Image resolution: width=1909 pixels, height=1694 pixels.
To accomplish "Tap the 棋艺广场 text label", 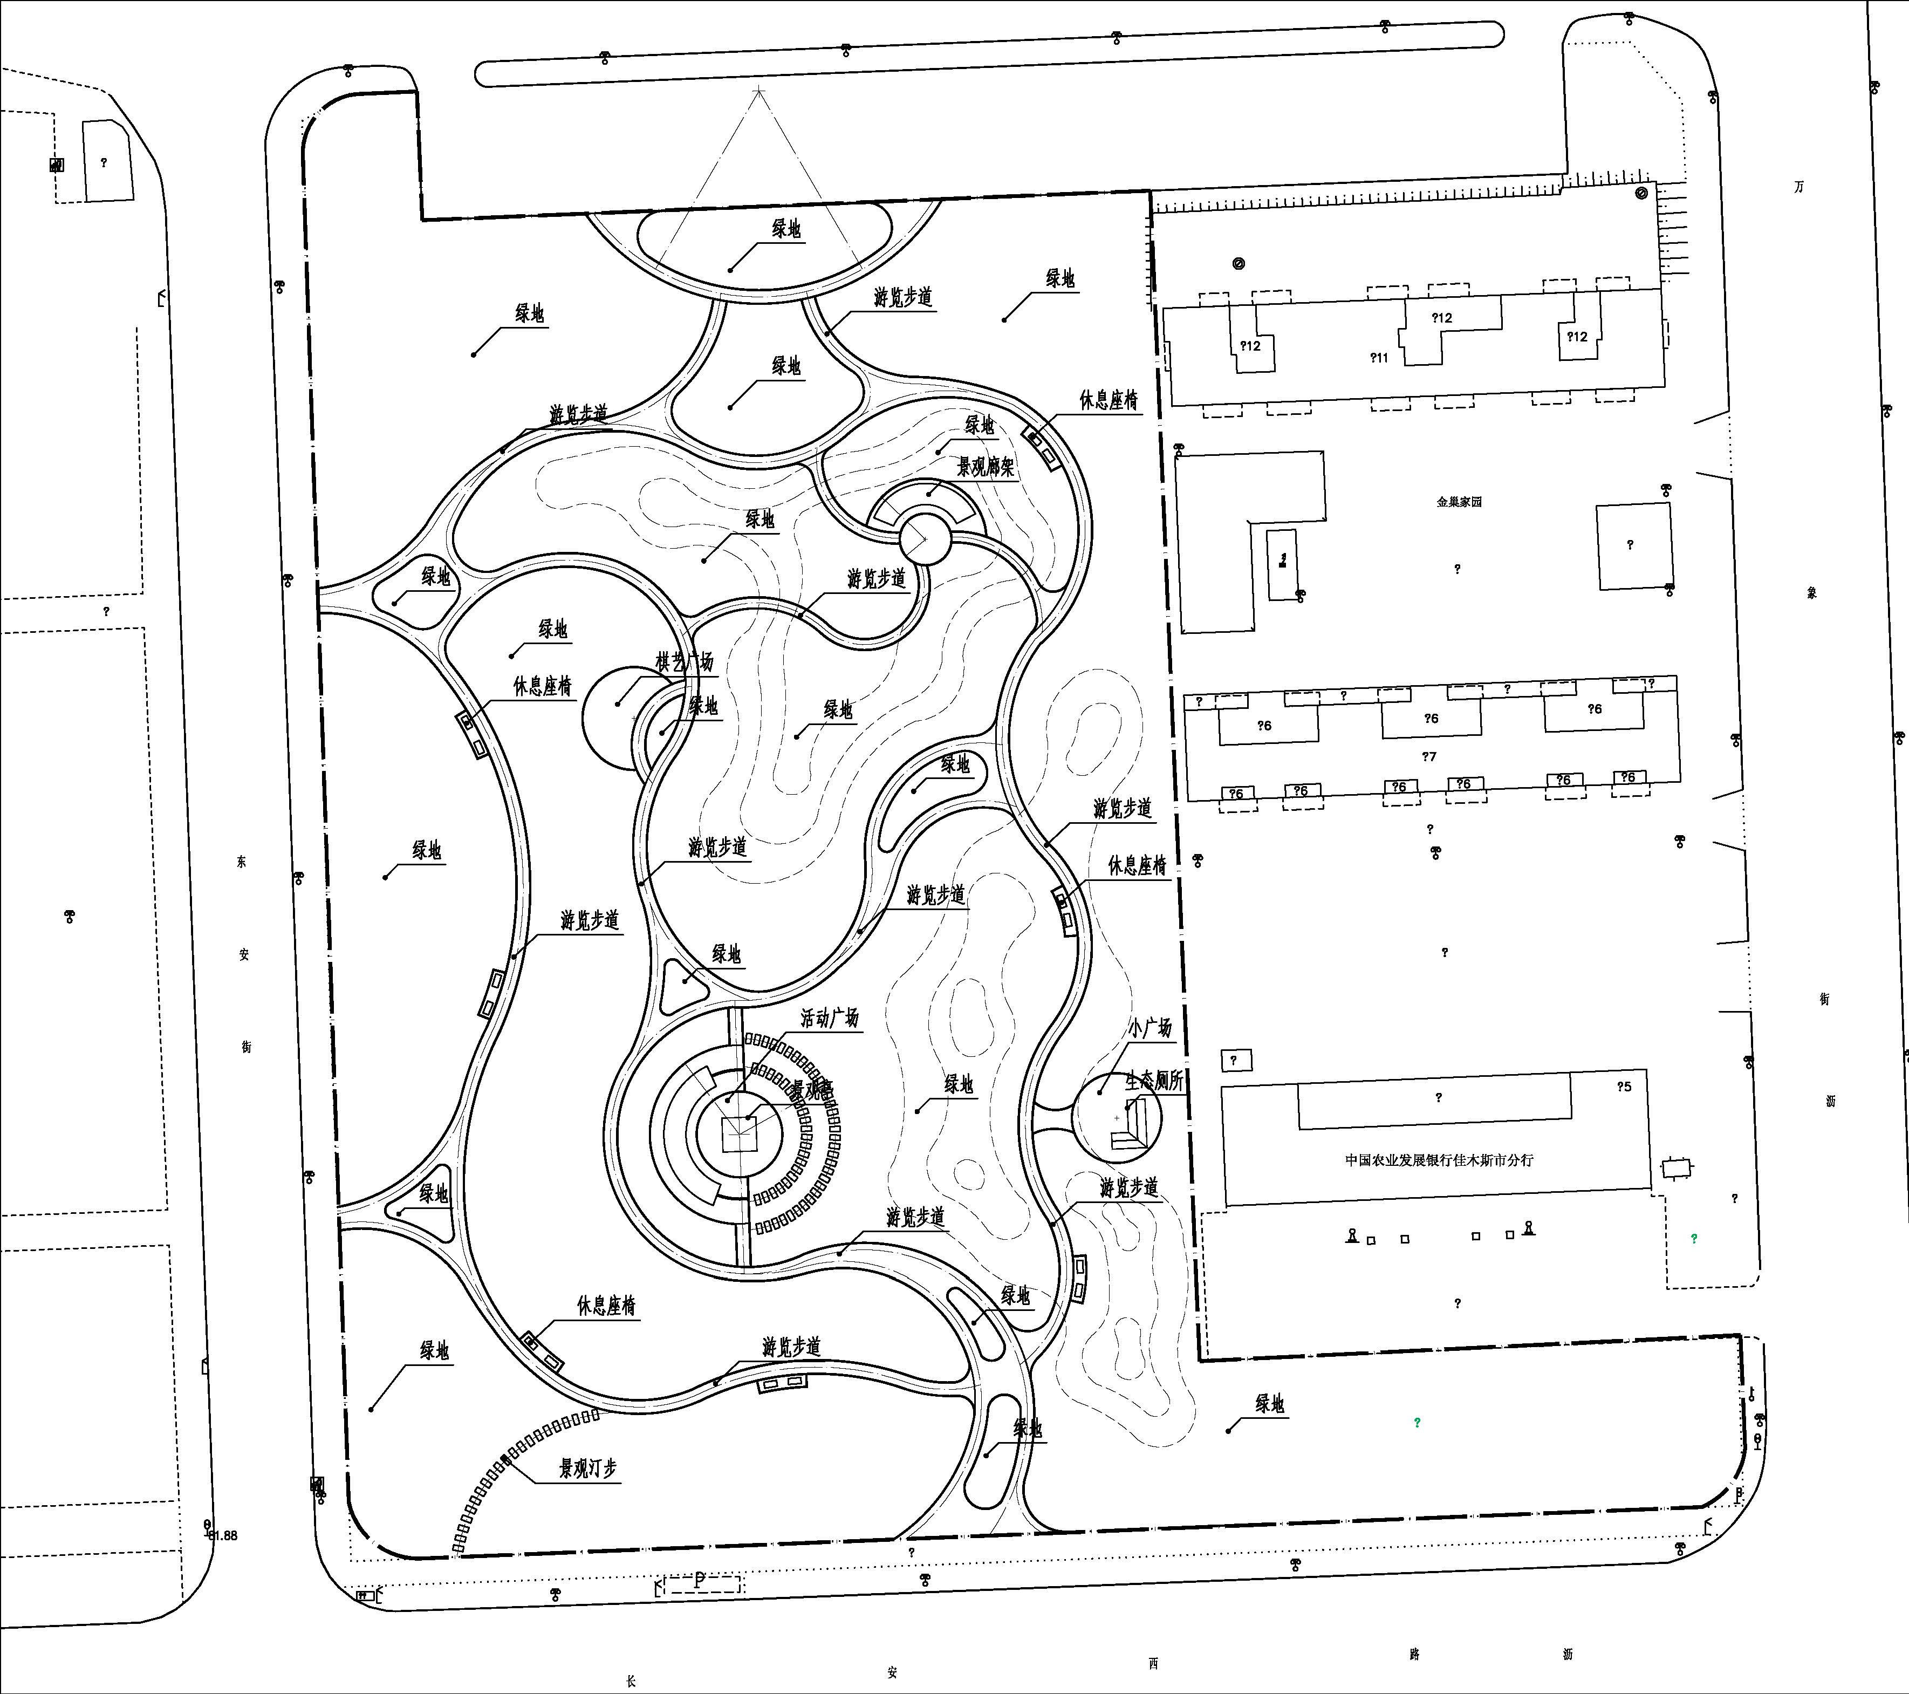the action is [685, 662].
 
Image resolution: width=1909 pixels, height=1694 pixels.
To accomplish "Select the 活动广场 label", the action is [829, 1018].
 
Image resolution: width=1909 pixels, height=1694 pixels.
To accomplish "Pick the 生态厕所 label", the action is [1154, 1081].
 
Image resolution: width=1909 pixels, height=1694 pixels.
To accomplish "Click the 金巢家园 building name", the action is [1459, 502].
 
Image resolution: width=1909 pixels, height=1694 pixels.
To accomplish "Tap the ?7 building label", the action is [1429, 756].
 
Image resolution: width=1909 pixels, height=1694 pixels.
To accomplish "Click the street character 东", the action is [242, 862].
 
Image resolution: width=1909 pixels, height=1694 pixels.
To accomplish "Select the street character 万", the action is [1799, 187].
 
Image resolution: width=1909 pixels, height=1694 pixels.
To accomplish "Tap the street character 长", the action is [631, 1681].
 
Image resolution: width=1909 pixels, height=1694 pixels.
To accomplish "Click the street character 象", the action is [1812, 593].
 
